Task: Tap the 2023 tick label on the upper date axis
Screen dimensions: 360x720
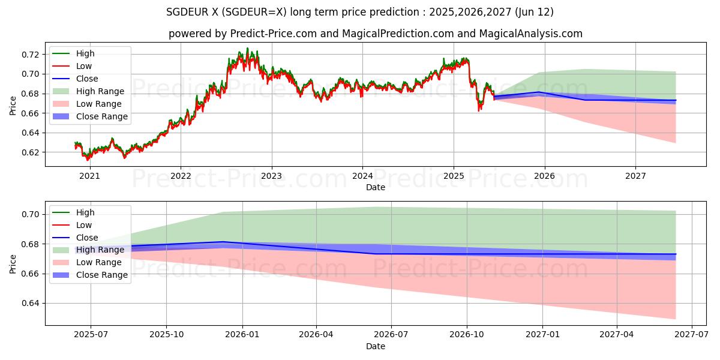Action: (x=272, y=176)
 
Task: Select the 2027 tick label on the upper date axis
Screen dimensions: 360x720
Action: (x=635, y=176)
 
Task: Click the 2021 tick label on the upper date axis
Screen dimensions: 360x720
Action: (x=90, y=176)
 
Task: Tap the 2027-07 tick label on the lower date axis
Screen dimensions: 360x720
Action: (x=692, y=335)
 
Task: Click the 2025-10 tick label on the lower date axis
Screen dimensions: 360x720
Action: (x=166, y=335)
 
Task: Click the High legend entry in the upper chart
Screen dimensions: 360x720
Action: (x=85, y=53)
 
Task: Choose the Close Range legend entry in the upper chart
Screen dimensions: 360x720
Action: (x=101, y=116)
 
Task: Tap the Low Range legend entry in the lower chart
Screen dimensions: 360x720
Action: (x=100, y=262)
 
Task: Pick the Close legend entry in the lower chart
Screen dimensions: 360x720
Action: (x=87, y=238)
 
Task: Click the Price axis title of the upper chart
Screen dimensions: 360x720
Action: (x=13, y=106)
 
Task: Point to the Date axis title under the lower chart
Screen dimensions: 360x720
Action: (x=376, y=346)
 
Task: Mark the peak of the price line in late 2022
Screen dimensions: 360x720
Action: (x=247, y=49)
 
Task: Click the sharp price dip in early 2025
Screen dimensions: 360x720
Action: (x=479, y=110)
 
